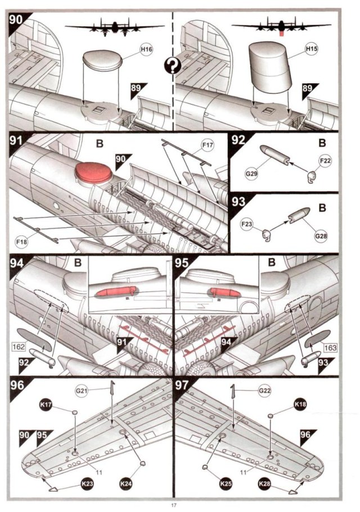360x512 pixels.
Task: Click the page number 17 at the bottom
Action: coord(174,505)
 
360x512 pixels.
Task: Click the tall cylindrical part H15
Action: coord(270,67)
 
